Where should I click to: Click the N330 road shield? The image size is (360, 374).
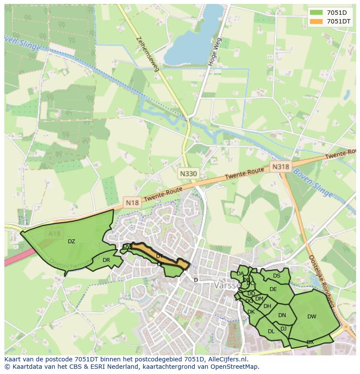(x=188, y=174)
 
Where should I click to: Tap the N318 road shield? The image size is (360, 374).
(x=280, y=166)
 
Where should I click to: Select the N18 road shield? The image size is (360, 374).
(x=132, y=202)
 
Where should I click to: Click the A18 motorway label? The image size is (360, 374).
(x=54, y=234)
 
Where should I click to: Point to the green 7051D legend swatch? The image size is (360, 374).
(x=316, y=13)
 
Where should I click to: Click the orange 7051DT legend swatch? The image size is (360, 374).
(x=316, y=21)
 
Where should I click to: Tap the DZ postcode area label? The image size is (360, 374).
(x=71, y=242)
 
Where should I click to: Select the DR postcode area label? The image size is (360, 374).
(x=106, y=260)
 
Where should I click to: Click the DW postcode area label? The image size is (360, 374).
(x=312, y=317)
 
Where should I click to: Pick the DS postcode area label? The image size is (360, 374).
(x=277, y=276)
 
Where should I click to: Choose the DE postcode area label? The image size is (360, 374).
(x=273, y=289)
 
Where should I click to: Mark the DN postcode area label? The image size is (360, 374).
(x=282, y=315)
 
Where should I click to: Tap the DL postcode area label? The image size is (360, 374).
(x=271, y=331)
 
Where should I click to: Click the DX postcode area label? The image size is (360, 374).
(x=310, y=342)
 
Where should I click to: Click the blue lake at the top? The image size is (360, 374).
(x=191, y=35)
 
